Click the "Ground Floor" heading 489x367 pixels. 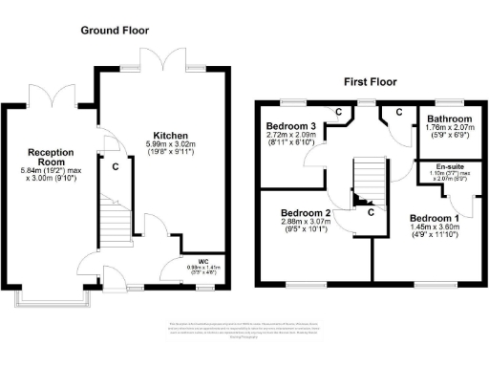point(114,30)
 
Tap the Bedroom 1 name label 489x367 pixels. point(434,218)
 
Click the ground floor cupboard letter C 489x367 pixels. point(116,166)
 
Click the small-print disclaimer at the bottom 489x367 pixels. point(244,331)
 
